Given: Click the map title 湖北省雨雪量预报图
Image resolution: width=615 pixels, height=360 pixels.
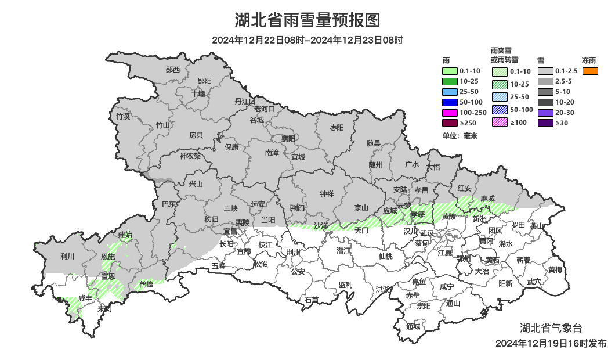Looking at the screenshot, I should point(307,20).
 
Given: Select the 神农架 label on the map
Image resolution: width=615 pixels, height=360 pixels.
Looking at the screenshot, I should point(190,156).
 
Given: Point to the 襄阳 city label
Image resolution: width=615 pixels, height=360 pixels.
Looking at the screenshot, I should point(288,138).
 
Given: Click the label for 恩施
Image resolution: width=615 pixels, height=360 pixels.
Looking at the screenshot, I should point(108,257).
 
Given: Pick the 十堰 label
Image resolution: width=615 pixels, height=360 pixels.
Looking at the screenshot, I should point(198,93).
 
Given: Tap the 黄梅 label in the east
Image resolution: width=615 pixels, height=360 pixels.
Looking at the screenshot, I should point(555,269).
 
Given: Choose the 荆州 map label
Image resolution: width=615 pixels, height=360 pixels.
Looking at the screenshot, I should point(294,253).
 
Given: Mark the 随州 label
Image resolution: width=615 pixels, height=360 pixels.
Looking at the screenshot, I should point(376,164).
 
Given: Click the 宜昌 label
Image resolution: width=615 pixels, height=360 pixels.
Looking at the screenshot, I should point(230,231).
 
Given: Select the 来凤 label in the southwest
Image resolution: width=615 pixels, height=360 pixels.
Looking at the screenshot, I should point(104,309).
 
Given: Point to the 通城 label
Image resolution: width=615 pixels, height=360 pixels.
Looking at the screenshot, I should point(413,326).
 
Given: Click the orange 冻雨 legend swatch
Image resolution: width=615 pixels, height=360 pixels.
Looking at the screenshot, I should point(590,71).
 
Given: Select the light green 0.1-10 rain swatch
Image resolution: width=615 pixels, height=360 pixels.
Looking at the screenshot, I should point(450,71).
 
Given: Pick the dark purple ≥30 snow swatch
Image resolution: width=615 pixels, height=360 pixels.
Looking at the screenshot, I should point(545,123).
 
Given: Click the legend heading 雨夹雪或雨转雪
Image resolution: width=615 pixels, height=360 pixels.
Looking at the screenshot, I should point(504,55).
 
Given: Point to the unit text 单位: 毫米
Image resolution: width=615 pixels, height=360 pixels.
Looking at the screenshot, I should point(460,136).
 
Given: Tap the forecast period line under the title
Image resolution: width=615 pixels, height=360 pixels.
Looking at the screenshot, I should point(307,40).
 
